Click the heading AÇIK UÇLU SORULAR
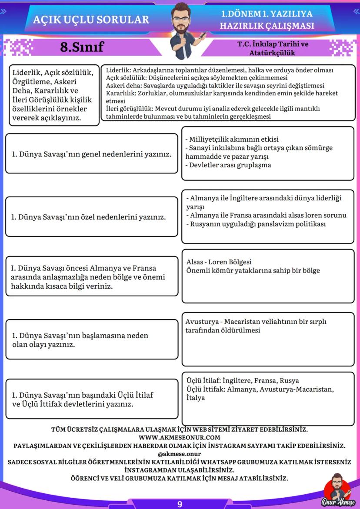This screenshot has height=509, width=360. (x=91, y=20)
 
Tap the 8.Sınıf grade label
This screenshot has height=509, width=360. (x=82, y=47)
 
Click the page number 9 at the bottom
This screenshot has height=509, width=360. (x=180, y=504)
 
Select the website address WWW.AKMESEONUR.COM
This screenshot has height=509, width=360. (x=180, y=437)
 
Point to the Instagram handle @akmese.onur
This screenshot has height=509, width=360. (x=180, y=454)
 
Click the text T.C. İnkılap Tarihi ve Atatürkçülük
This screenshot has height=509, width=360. (x=272, y=48)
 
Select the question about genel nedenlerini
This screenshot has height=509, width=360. (x=91, y=154)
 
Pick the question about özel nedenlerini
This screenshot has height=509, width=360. (x=89, y=216)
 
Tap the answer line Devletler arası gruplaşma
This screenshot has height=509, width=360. (x=228, y=165)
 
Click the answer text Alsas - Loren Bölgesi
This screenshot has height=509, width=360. (x=219, y=262)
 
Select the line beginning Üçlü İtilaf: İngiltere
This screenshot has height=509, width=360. (x=243, y=381)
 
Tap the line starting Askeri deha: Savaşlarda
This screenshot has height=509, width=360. (x=215, y=86)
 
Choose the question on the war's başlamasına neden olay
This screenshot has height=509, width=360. (x=80, y=340)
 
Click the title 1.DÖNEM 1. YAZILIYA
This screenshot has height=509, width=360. (x=267, y=13)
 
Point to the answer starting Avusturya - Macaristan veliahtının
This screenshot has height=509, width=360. (x=256, y=322)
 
